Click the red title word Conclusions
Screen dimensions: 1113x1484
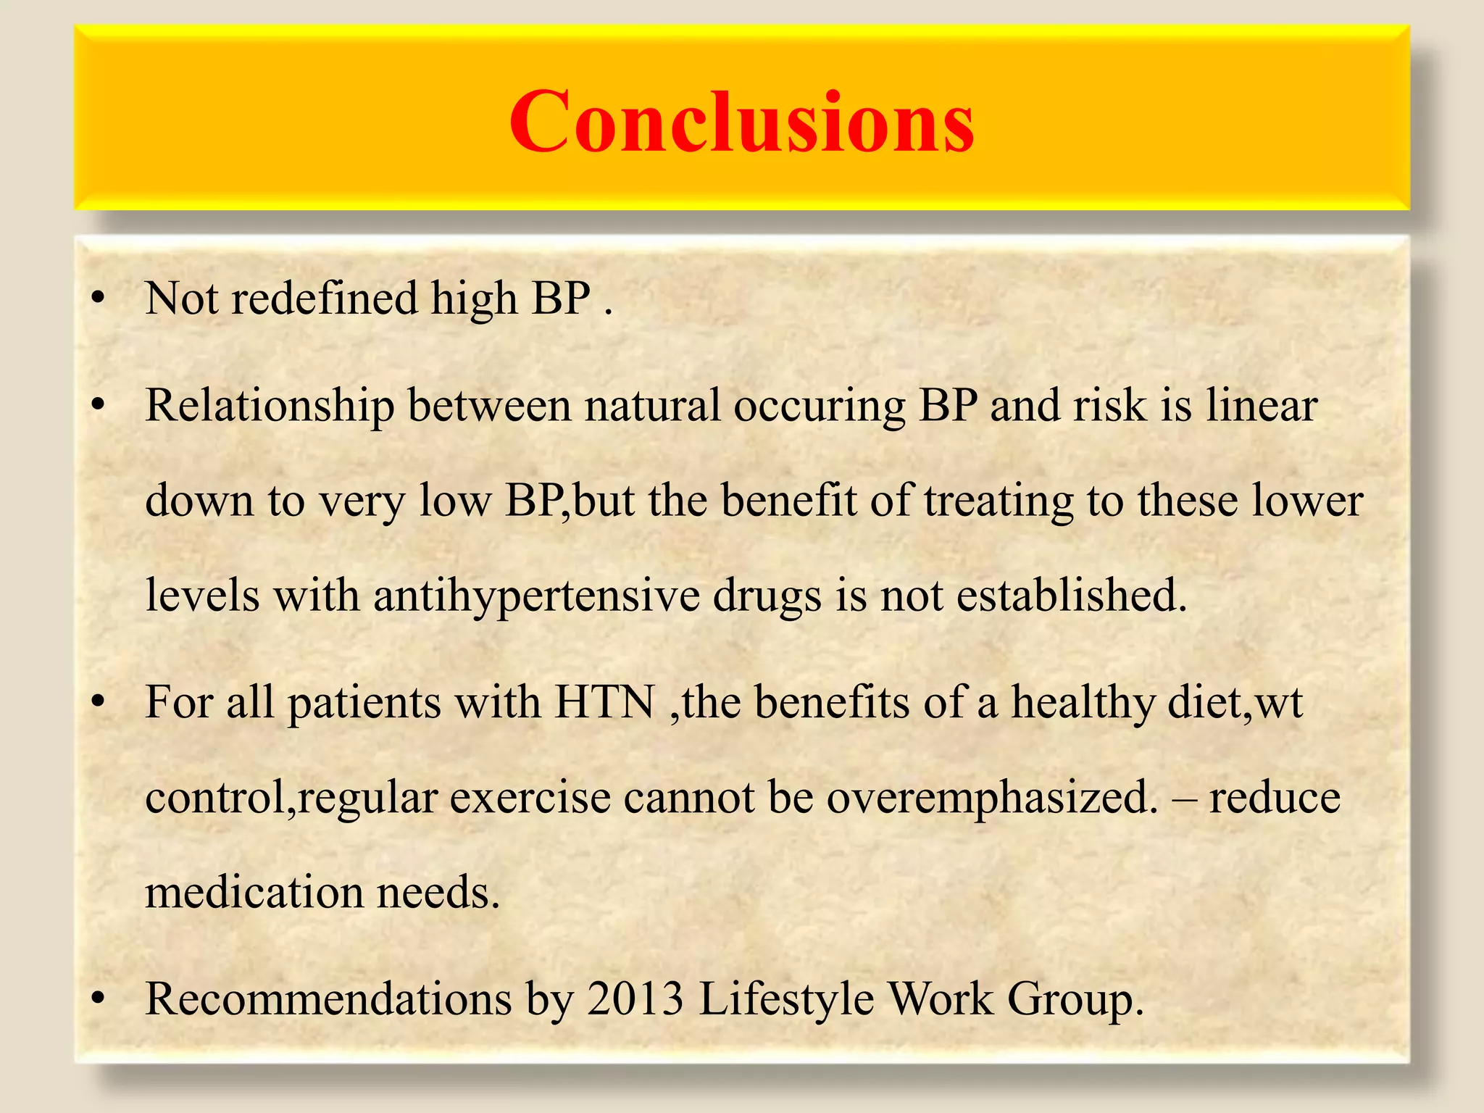[x=741, y=122]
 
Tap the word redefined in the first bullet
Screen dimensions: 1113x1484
[x=324, y=299]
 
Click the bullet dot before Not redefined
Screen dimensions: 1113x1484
[x=99, y=299]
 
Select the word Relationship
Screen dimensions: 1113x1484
[x=270, y=406]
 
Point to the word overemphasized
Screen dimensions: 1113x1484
[x=992, y=799]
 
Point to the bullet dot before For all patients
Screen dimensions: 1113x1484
[x=99, y=703]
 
